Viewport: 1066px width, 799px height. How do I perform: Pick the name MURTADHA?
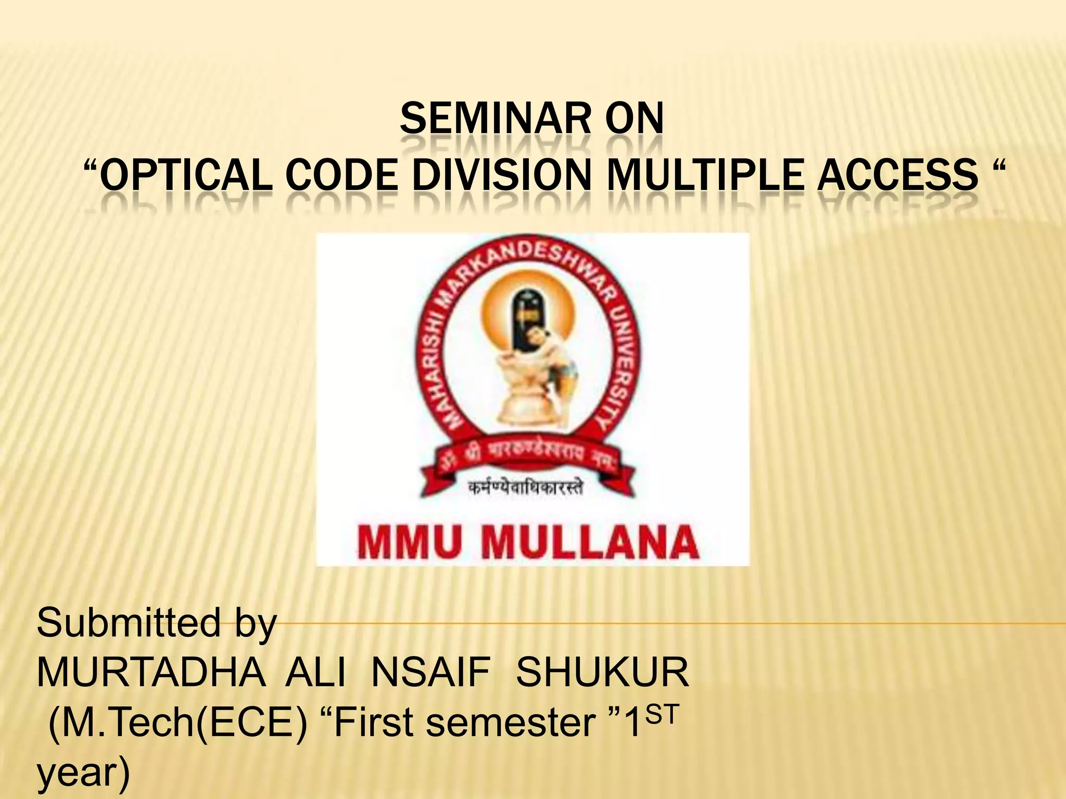151,672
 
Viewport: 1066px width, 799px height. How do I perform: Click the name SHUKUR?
602,672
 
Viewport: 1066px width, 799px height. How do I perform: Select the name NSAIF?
431,672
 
